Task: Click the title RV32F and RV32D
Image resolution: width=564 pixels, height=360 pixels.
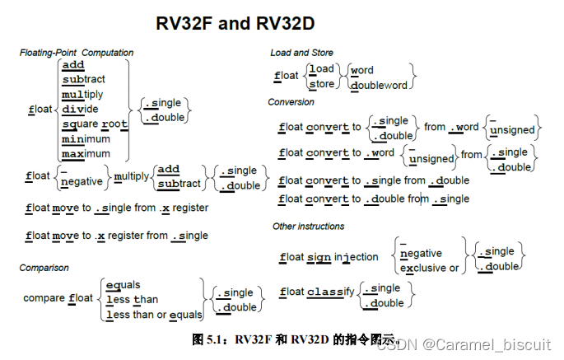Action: click(235, 23)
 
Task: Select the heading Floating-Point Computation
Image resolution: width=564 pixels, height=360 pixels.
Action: click(77, 53)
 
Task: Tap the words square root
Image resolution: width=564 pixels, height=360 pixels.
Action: click(96, 124)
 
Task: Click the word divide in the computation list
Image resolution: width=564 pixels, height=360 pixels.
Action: click(81, 110)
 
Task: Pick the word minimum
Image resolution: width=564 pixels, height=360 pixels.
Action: click(86, 139)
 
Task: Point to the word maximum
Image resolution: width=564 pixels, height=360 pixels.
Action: click(86, 154)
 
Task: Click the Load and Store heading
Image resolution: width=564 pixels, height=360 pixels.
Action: click(301, 53)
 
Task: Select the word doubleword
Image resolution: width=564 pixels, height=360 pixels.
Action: click(379, 85)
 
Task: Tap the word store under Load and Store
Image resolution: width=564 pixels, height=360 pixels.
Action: click(321, 84)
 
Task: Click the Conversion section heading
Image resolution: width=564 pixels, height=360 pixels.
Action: click(291, 102)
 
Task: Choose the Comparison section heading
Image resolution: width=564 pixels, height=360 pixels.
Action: click(44, 268)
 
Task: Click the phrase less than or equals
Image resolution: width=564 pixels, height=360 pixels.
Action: click(154, 315)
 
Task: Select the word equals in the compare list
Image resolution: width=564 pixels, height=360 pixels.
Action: click(124, 284)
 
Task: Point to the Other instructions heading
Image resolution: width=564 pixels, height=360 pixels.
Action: click(309, 226)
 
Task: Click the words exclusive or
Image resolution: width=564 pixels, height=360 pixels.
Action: click(429, 269)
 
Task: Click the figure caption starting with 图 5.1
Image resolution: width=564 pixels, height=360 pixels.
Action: click(295, 339)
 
